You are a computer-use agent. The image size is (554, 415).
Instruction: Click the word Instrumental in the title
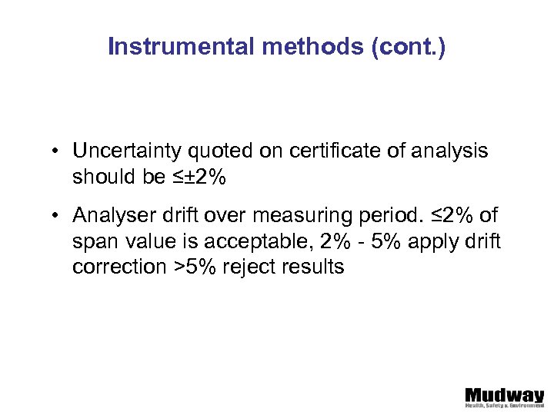pyautogui.click(x=181, y=48)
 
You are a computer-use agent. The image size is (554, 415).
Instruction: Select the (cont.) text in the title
pyautogui.click(x=409, y=48)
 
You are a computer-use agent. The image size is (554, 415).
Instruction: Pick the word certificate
pyautogui.click(x=337, y=151)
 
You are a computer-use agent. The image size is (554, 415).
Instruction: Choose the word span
pyautogui.click(x=92, y=243)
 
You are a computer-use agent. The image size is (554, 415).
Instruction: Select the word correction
pyautogui.click(x=112, y=268)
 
